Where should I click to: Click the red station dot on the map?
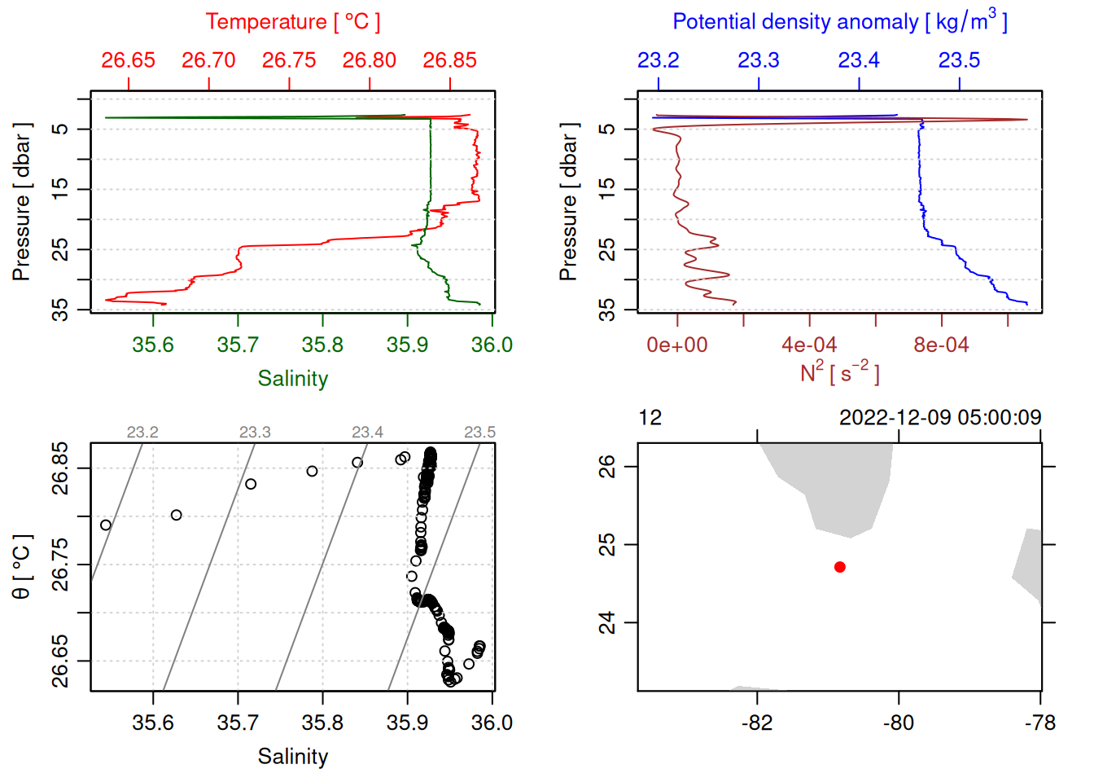(839, 567)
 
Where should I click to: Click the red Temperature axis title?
(292, 22)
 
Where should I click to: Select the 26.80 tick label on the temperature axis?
(369, 60)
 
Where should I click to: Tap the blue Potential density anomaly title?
(839, 21)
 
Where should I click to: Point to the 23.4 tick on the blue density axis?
(859, 60)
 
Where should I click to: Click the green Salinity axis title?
(292, 379)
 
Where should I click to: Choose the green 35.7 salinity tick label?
(238, 345)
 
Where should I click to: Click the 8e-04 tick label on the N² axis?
(941, 345)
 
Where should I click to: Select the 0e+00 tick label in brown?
(677, 345)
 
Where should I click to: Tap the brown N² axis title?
(839, 372)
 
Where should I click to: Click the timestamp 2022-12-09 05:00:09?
(940, 418)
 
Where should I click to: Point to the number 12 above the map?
(650, 418)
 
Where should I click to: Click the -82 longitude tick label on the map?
(757, 723)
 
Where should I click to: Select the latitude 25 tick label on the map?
(607, 544)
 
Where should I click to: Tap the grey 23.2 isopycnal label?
(142, 433)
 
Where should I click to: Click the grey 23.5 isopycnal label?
(479, 433)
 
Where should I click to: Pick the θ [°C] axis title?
(22, 567)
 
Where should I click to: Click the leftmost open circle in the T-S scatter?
(106, 525)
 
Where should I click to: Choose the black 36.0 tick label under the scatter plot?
(492, 723)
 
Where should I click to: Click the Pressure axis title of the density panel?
(568, 202)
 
